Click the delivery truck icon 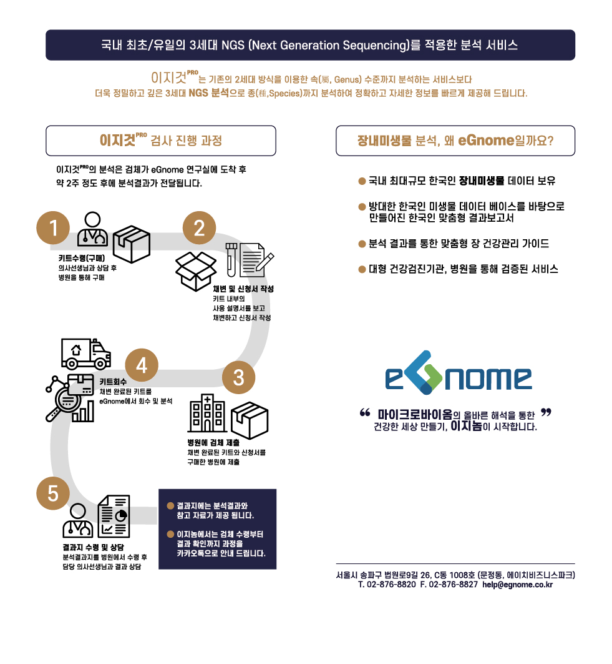pos(85,354)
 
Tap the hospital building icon pos(208,413)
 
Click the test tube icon pos(230,260)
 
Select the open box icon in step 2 pos(196,269)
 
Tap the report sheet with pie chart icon pos(115,517)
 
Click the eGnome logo pos(458,377)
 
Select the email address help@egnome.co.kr pos(517,585)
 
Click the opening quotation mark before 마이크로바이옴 pos(366,412)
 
